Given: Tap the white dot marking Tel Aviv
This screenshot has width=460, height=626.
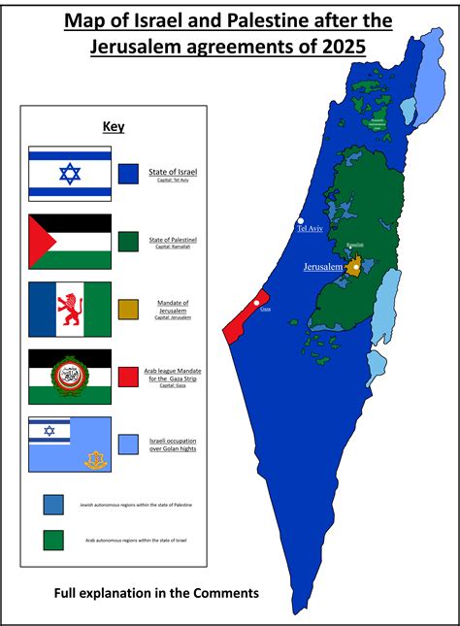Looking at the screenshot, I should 302,219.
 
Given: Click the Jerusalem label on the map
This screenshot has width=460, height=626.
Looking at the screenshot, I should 323,266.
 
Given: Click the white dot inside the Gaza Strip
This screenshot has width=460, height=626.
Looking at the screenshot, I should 256,304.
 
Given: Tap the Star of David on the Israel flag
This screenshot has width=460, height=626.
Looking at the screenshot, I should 70,174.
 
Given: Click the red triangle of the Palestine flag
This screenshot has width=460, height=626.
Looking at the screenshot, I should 42,241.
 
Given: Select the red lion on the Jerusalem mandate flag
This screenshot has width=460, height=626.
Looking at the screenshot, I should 70,309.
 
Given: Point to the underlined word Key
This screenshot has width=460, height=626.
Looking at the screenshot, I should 114,126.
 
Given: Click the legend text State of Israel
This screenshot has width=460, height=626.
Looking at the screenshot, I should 173,172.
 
